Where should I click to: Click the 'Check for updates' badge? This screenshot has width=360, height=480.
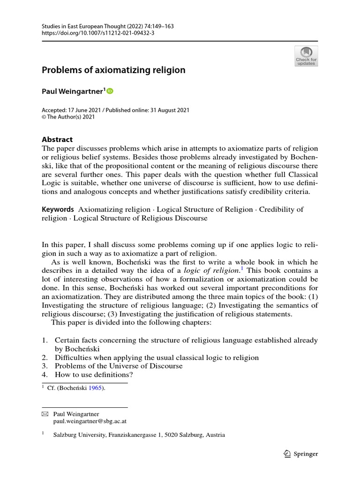306,56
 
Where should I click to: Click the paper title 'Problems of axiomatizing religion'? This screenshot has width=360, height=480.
113,70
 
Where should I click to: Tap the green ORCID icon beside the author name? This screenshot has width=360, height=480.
111,92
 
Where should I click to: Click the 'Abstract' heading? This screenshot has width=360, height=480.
57,139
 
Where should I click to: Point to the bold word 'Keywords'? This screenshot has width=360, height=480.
58,210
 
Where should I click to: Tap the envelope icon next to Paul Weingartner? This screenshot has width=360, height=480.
45,414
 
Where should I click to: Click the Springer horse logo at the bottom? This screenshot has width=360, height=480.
288,454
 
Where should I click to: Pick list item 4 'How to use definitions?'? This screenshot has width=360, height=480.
94,375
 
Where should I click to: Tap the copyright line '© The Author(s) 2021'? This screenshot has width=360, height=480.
68,117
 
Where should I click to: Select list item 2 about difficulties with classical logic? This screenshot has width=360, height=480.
157,357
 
